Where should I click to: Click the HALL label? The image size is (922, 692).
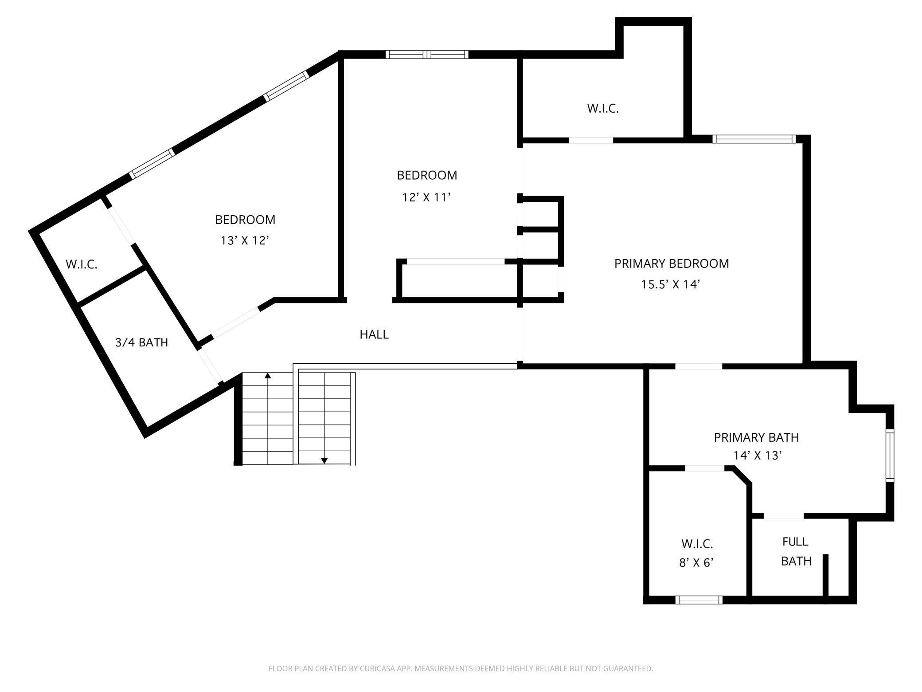click(374, 334)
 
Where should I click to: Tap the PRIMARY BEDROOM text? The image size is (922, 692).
click(671, 263)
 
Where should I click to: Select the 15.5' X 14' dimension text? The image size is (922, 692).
click(670, 284)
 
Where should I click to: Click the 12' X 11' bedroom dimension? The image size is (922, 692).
click(426, 197)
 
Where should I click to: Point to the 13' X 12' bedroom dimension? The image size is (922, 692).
click(245, 240)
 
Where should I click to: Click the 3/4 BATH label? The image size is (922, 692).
click(141, 342)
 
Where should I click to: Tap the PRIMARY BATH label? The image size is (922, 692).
click(756, 437)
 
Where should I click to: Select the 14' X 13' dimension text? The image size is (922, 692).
click(757, 456)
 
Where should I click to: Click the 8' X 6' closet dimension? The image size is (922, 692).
click(696, 563)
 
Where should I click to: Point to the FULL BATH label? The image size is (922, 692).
click(796, 551)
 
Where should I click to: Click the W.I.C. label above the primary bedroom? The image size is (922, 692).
click(602, 109)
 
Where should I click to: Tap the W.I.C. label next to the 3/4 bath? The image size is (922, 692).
click(82, 264)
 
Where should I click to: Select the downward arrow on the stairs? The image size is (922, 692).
click(324, 460)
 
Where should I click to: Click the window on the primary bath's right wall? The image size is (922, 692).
click(890, 455)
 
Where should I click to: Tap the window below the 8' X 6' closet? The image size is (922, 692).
click(699, 600)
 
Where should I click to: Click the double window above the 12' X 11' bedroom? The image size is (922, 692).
click(426, 55)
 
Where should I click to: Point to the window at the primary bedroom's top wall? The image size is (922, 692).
click(754, 139)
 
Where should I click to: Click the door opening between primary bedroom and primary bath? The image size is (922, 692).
click(699, 366)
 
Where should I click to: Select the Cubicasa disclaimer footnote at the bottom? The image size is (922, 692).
click(461, 668)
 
